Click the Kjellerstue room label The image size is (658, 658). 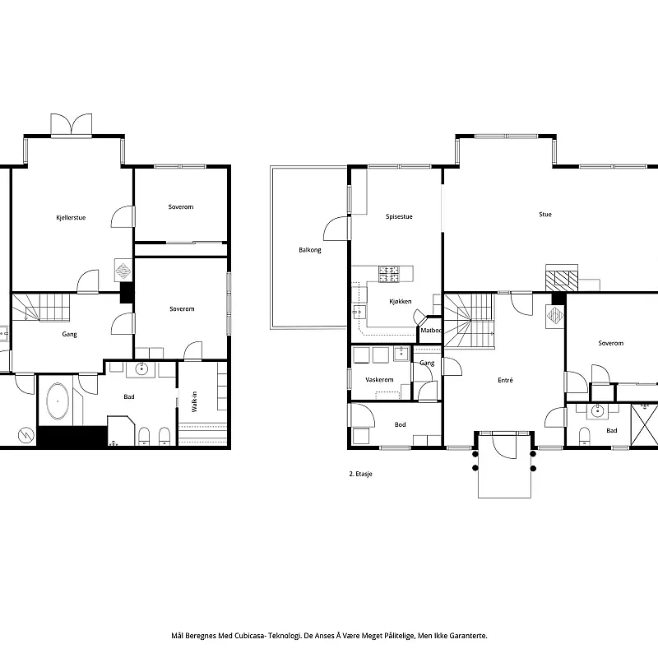pos(71,218)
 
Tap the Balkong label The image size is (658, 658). pos(310,250)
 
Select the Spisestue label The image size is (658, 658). pos(399,216)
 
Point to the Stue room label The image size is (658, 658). pos(545,215)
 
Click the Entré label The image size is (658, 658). pos(505,380)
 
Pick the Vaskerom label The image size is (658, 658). pos(379,380)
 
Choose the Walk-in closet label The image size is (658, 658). pos(194,401)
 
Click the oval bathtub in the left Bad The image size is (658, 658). pos(58,401)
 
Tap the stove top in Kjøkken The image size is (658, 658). pos(389,274)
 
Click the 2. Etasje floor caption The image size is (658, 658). pos(360,474)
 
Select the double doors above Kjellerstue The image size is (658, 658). pos(71,124)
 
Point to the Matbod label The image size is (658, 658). pos(431,331)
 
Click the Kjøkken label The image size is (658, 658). pos(401,301)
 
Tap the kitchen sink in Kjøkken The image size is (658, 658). pos(359,313)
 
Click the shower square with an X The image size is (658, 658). pos(645,425)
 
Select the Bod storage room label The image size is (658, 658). pos(400,424)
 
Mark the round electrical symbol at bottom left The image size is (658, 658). pos(26,435)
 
